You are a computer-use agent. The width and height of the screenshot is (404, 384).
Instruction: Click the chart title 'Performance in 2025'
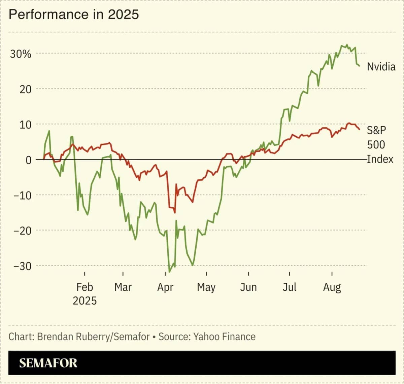click(74, 14)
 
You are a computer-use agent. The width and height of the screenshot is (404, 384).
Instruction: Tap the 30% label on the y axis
click(21, 54)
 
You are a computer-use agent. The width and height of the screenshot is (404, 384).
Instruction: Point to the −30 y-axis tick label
click(23, 266)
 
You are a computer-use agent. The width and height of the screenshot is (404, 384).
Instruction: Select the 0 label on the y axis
click(29, 160)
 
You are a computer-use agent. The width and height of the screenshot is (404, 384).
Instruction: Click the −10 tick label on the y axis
click(23, 196)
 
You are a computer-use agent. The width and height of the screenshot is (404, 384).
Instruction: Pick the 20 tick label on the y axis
click(26, 90)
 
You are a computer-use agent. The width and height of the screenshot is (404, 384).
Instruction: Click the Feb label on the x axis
click(85, 287)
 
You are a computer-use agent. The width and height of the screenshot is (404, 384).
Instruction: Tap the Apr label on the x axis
click(165, 287)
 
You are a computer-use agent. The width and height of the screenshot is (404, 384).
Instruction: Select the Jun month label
click(248, 287)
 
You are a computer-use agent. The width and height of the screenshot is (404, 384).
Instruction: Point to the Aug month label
click(332, 287)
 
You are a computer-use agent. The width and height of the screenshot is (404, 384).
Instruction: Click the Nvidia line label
click(381, 67)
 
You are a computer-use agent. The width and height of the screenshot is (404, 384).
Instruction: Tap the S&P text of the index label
click(376, 130)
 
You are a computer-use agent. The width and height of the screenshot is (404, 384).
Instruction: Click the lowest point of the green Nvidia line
click(169, 272)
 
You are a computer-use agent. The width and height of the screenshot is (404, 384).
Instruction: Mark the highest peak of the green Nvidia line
click(347, 44)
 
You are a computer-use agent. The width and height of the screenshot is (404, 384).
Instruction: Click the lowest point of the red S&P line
click(175, 213)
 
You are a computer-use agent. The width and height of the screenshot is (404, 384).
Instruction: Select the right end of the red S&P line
click(359, 129)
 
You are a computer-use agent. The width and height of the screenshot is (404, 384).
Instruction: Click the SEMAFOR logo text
click(48, 363)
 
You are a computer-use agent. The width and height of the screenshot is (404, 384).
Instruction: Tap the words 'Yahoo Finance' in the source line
click(225, 337)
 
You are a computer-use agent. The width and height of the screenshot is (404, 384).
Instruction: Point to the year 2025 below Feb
click(85, 301)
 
